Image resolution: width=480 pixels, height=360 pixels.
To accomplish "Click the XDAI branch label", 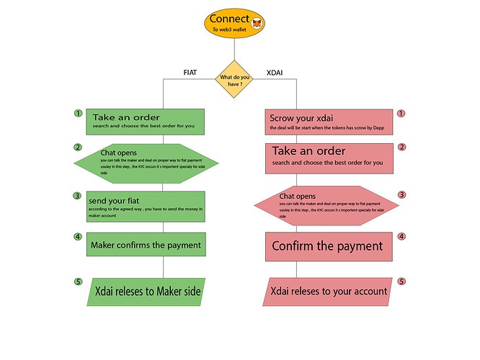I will (275, 71).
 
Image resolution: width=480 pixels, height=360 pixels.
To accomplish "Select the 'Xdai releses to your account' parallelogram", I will (329, 291).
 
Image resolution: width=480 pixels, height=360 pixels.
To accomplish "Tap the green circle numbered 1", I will (77, 114).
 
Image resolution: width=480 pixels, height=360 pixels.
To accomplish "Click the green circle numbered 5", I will (78, 282).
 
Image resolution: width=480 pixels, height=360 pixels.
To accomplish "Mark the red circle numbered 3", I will (402, 194).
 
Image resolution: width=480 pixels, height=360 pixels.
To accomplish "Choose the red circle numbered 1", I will (401, 114).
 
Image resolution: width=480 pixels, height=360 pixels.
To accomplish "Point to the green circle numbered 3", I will (77, 195).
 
